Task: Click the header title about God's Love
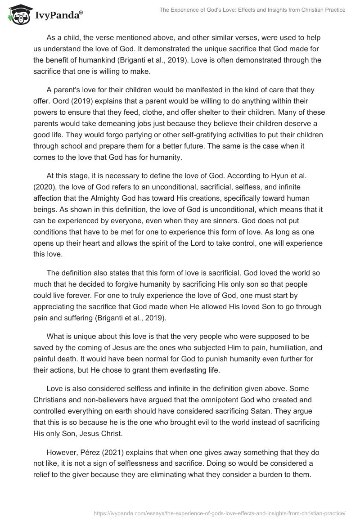click(252, 9)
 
